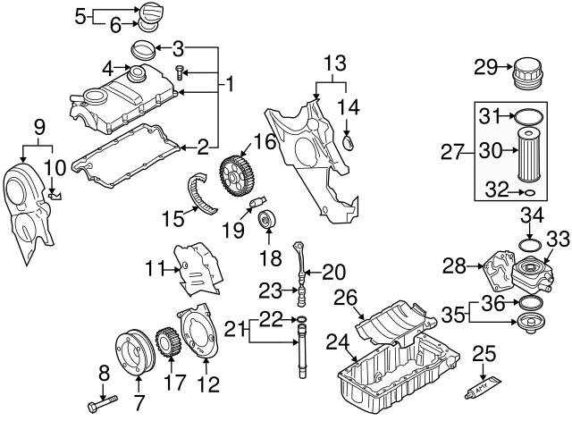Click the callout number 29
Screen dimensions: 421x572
[484, 66]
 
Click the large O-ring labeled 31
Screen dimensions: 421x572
[529, 115]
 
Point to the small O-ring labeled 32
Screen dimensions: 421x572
[529, 191]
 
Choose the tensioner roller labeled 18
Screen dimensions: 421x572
[266, 220]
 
